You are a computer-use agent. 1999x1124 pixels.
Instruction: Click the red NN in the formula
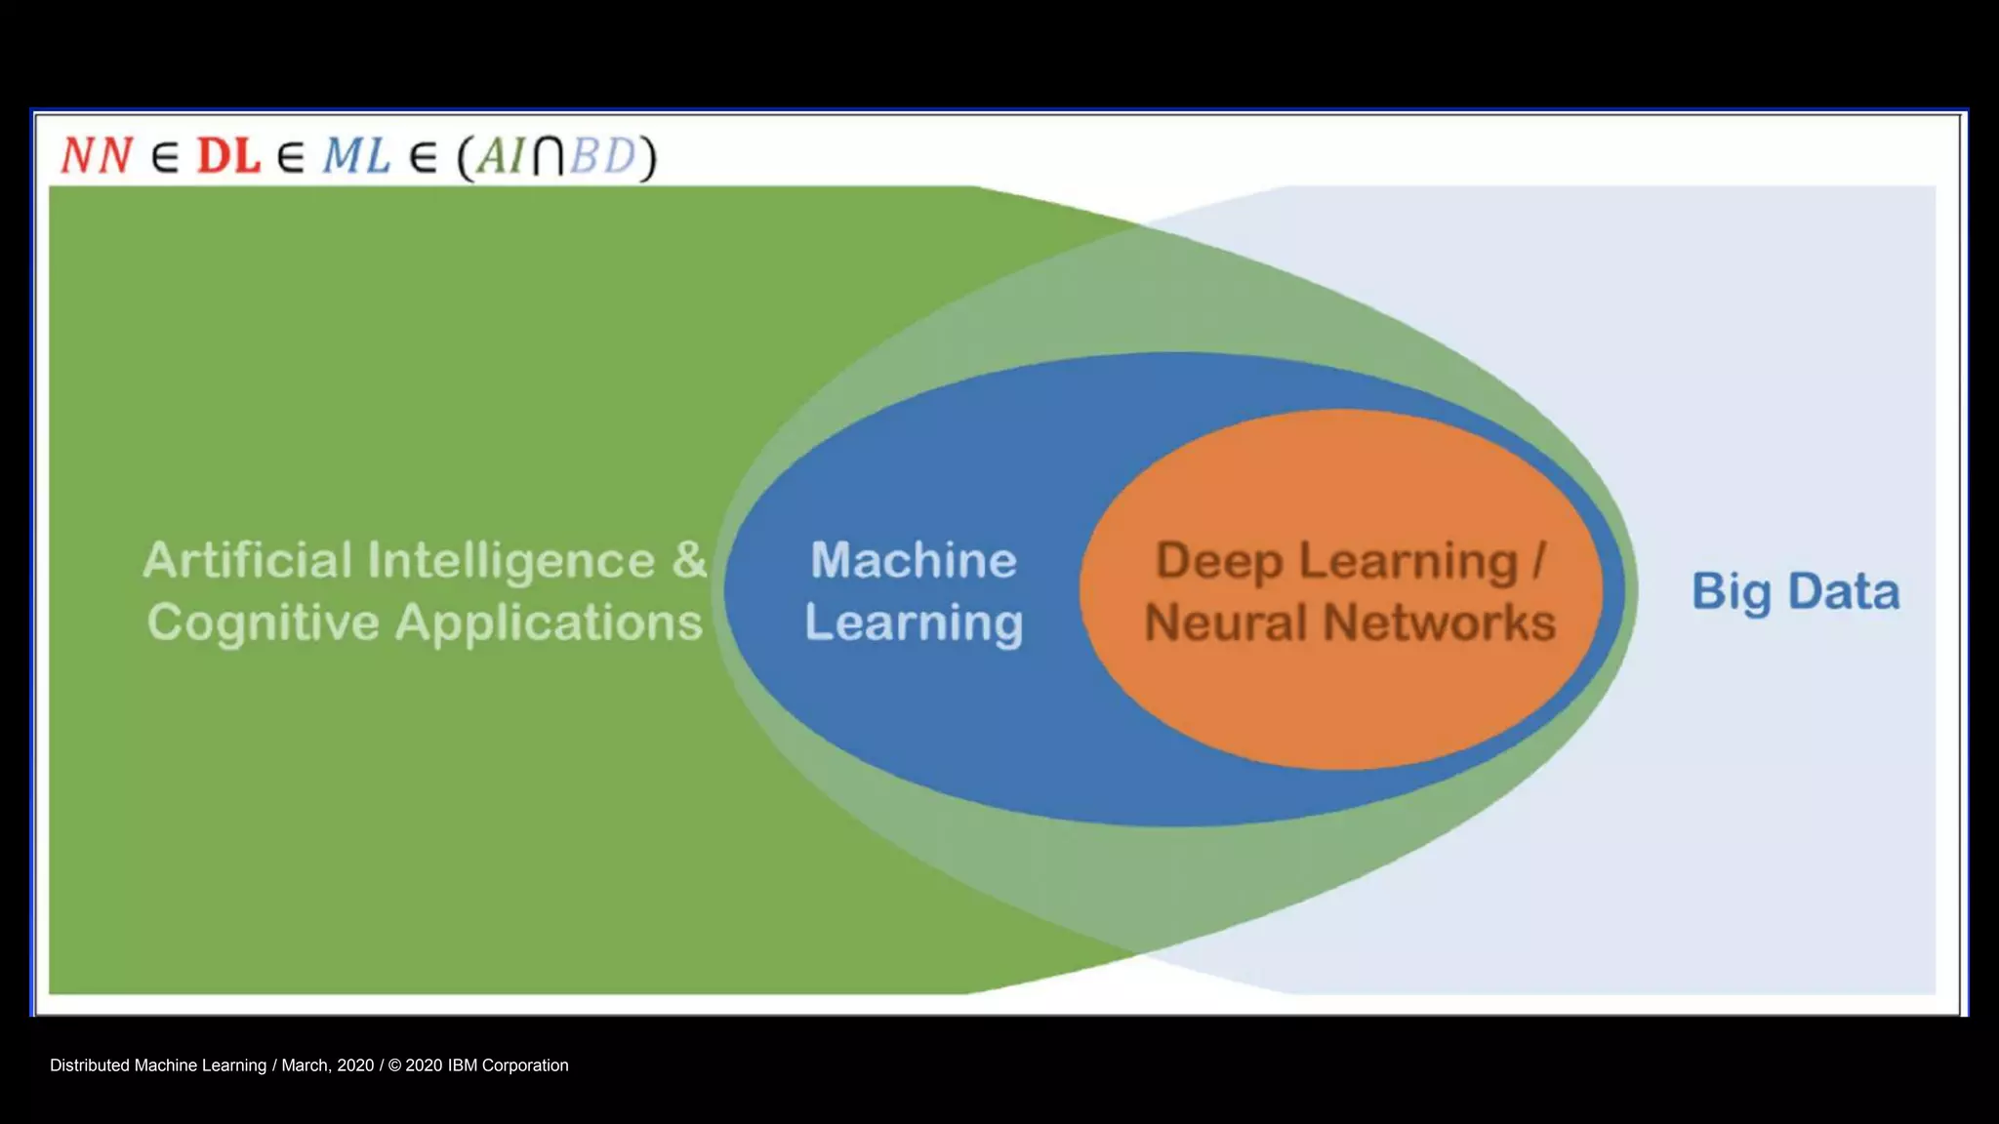pyautogui.click(x=97, y=156)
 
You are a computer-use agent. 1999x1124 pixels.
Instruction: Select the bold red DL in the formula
pyautogui.click(x=228, y=156)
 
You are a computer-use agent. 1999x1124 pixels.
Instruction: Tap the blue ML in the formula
pyautogui.click(x=357, y=156)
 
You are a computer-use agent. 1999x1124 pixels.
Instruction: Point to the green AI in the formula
pyautogui.click(x=502, y=156)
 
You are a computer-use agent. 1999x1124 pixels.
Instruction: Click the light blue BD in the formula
pyautogui.click(x=602, y=156)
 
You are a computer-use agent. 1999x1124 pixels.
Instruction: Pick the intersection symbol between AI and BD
pyautogui.click(x=549, y=156)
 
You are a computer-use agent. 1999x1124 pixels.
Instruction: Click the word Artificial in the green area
pyautogui.click(x=247, y=561)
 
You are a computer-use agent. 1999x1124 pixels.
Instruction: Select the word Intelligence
pyautogui.click(x=512, y=561)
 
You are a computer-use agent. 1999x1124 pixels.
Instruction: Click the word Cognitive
pyautogui.click(x=263, y=623)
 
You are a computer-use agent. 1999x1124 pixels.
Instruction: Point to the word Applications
pyautogui.click(x=549, y=623)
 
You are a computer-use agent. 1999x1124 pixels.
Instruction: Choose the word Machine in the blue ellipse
pyautogui.click(x=914, y=561)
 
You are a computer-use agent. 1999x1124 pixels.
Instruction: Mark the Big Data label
pyautogui.click(x=1795, y=592)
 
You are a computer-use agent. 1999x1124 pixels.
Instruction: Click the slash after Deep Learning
pyautogui.click(x=1539, y=561)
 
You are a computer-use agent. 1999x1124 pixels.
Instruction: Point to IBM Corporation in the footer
pyautogui.click(x=508, y=1065)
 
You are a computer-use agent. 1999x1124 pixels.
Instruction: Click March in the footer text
pyautogui.click(x=305, y=1065)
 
